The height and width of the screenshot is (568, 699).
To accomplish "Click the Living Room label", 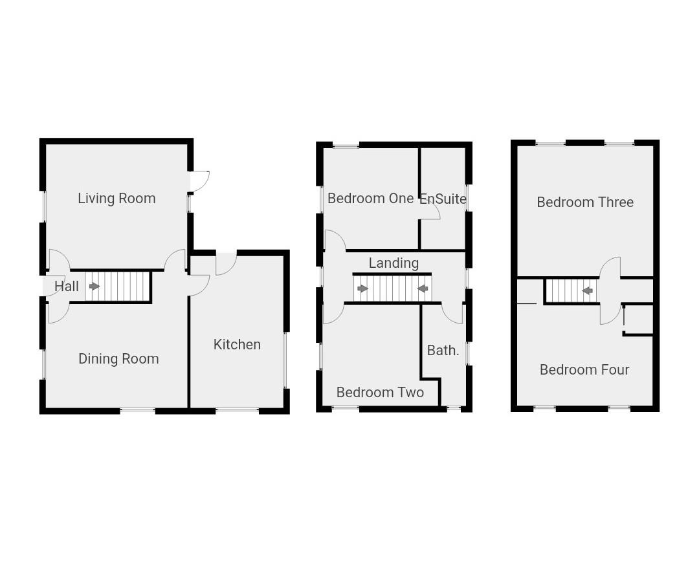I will (x=116, y=199).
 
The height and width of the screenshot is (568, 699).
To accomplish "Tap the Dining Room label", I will (x=118, y=359).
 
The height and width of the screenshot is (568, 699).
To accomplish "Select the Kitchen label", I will (x=237, y=345).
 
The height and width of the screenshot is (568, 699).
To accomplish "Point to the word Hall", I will (x=67, y=287).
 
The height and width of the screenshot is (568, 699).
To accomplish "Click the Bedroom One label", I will (x=370, y=199).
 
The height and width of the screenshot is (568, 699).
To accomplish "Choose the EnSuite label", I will (x=443, y=199).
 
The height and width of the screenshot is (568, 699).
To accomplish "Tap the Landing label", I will (x=394, y=263).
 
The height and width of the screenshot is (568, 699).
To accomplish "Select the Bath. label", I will (x=443, y=351).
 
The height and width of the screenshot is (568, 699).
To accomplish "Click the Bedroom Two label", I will (x=380, y=393).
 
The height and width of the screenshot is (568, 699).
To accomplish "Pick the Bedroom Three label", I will (x=585, y=202).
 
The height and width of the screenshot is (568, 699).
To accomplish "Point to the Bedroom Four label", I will (x=584, y=370).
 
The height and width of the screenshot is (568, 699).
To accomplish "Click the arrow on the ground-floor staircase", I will (x=94, y=287).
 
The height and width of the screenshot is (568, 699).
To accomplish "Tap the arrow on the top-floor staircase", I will (x=587, y=291).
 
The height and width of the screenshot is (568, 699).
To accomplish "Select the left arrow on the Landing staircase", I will (x=362, y=289).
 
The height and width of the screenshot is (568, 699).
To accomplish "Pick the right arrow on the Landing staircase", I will (x=423, y=289).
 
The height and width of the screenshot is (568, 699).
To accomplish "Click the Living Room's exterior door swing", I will (x=199, y=180).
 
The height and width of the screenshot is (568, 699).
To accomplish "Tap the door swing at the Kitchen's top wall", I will (x=225, y=264).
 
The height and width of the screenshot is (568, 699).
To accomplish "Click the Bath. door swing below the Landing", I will (x=453, y=314).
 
